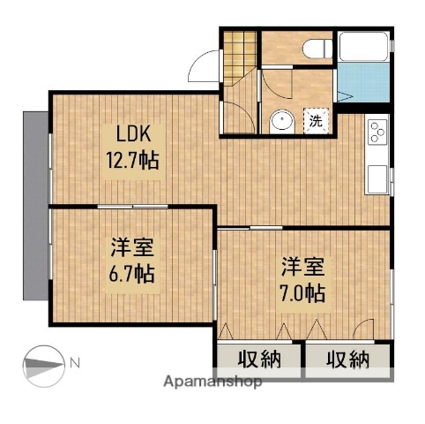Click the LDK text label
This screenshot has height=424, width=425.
click(135, 135)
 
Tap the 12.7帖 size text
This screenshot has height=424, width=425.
click(135, 162)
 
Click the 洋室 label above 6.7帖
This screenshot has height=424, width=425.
click(131, 247)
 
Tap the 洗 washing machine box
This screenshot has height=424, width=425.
click(315, 122)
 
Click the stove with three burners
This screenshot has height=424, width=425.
click(377, 133)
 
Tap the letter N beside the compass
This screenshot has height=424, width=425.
click(75, 362)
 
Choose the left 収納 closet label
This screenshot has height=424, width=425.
click(260, 360)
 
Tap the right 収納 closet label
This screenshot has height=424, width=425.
click(347, 360)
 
